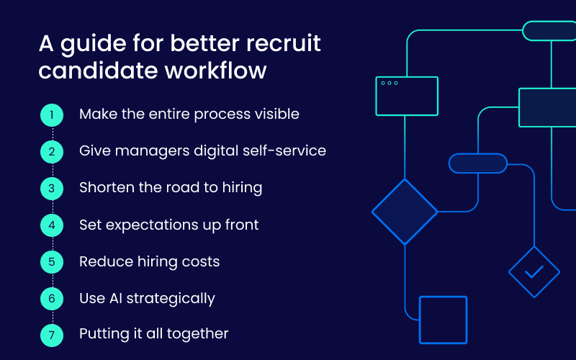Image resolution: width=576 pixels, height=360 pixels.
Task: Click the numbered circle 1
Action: tap(52, 114)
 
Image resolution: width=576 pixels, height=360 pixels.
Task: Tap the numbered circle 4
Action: tap(52, 225)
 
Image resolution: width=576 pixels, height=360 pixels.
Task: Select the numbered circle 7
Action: tap(52, 334)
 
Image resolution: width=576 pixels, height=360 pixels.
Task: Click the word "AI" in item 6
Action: tap(115, 298)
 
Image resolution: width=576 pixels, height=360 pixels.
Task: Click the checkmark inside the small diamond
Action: tap(534, 272)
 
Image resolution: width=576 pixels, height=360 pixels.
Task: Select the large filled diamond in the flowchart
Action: tap(405, 212)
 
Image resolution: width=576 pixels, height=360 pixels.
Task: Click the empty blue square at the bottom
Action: tap(443, 320)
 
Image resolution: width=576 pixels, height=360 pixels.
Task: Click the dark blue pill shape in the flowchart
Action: tap(477, 163)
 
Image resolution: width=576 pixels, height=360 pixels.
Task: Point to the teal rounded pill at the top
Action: tap(549, 31)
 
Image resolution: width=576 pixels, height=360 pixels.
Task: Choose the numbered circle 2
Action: tap(52, 151)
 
